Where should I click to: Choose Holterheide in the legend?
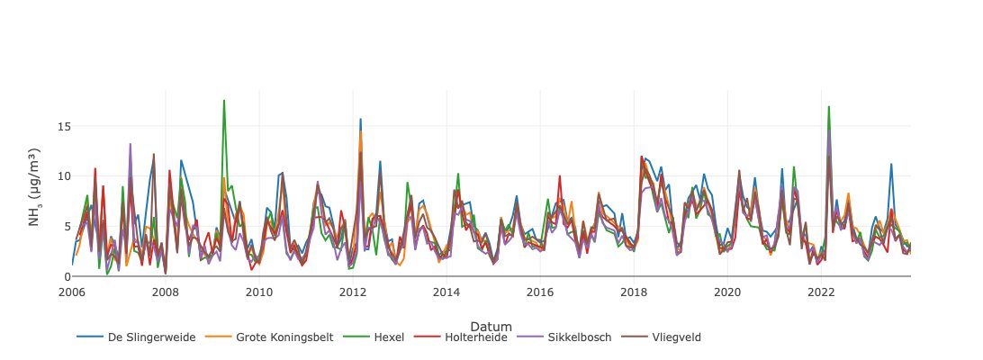point(475,337)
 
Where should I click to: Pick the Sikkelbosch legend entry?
point(579,337)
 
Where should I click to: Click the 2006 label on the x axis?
point(72,292)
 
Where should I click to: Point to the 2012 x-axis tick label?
point(353,292)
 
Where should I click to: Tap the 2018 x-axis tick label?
point(634,292)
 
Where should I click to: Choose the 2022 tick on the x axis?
point(821,292)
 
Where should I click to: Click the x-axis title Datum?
point(491,326)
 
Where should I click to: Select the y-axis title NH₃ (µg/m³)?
point(35,186)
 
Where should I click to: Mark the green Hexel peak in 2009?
point(224,100)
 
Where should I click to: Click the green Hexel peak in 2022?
point(828,106)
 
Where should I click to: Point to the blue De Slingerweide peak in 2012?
point(361,119)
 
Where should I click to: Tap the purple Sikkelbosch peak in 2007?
point(130,144)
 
